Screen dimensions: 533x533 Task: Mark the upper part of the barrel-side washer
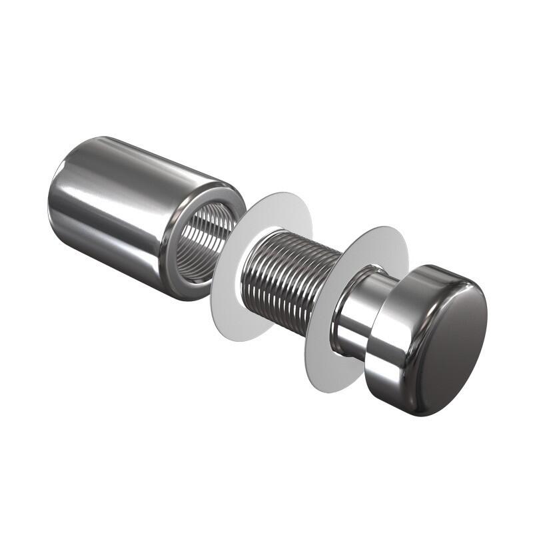tap(280, 207)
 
